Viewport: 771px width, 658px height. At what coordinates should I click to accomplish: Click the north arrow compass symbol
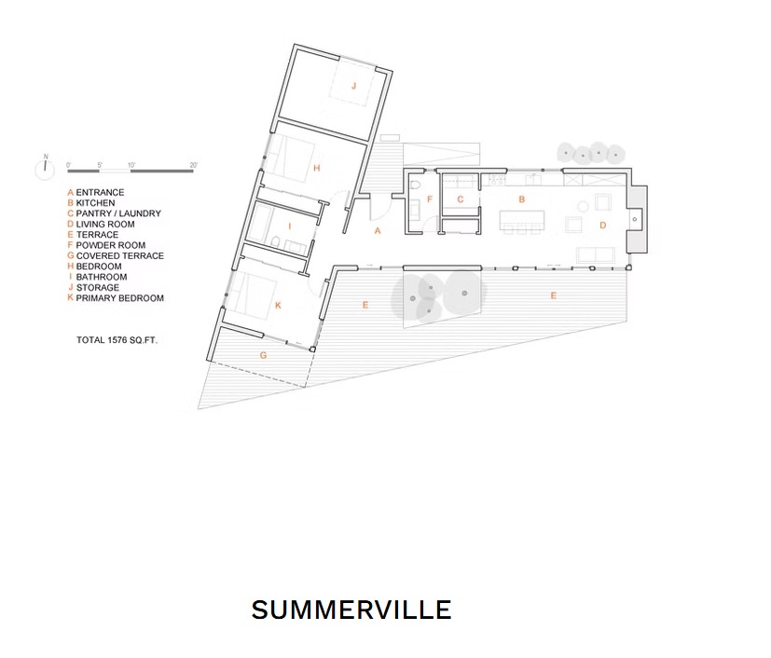(45, 169)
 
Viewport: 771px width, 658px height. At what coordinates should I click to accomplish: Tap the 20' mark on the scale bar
(194, 165)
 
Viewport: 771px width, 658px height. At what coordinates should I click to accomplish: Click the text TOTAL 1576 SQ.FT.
(117, 339)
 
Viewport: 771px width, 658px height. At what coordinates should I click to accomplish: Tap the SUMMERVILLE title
(351, 610)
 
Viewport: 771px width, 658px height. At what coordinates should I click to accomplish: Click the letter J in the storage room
(353, 87)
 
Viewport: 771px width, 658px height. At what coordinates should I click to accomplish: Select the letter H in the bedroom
(317, 168)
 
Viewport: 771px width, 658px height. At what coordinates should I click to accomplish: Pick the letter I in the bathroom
(290, 226)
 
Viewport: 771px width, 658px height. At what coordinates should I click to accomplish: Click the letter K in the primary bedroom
(278, 305)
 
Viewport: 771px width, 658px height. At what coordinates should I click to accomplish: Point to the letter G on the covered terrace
(263, 355)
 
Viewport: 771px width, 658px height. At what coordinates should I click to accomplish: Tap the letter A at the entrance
(378, 230)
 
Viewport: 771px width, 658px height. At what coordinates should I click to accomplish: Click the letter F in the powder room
(429, 199)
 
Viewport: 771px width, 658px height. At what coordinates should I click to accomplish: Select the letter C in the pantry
(461, 199)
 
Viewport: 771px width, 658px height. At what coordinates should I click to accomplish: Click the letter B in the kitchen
(522, 199)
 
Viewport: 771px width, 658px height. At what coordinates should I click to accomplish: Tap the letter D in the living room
(603, 225)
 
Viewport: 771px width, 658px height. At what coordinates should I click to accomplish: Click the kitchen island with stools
(522, 222)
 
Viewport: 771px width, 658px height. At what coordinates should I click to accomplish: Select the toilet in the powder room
(415, 186)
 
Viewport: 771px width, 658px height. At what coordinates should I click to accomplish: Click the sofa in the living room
(596, 255)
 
